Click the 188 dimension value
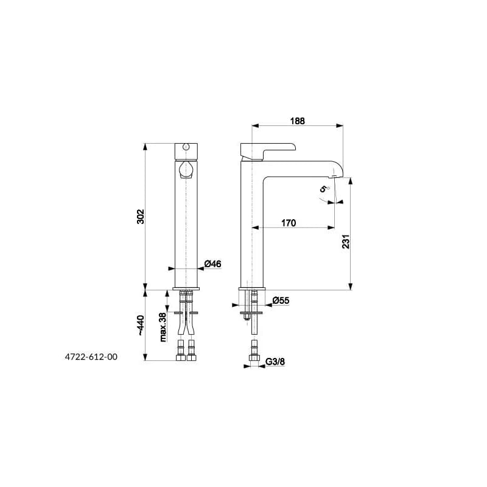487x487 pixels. coord(298,121)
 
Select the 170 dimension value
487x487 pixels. coord(289,223)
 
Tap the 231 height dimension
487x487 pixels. coord(346,241)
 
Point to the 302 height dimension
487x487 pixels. coord(141,217)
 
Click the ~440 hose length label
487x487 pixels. coord(141,325)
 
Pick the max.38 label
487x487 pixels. coord(163,327)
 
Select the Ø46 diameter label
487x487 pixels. coord(212,264)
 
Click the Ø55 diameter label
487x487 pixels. coord(281,300)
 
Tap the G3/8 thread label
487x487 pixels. coord(275,362)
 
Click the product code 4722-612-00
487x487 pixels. coord(91,357)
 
